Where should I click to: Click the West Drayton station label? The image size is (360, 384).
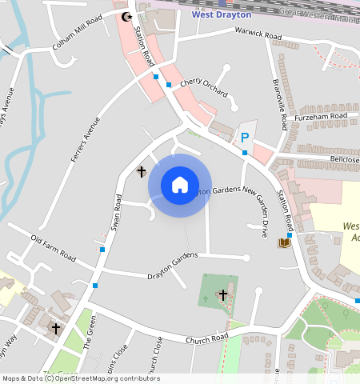[x=222, y=14]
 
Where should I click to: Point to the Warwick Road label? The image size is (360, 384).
[x=258, y=35]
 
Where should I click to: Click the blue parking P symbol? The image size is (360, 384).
[x=245, y=138]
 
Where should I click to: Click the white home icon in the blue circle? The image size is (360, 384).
[x=180, y=185]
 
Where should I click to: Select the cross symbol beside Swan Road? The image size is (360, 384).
[x=142, y=171]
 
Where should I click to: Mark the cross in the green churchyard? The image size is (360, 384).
[x=222, y=295]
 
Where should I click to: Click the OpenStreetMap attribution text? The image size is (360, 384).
[x=80, y=378]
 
